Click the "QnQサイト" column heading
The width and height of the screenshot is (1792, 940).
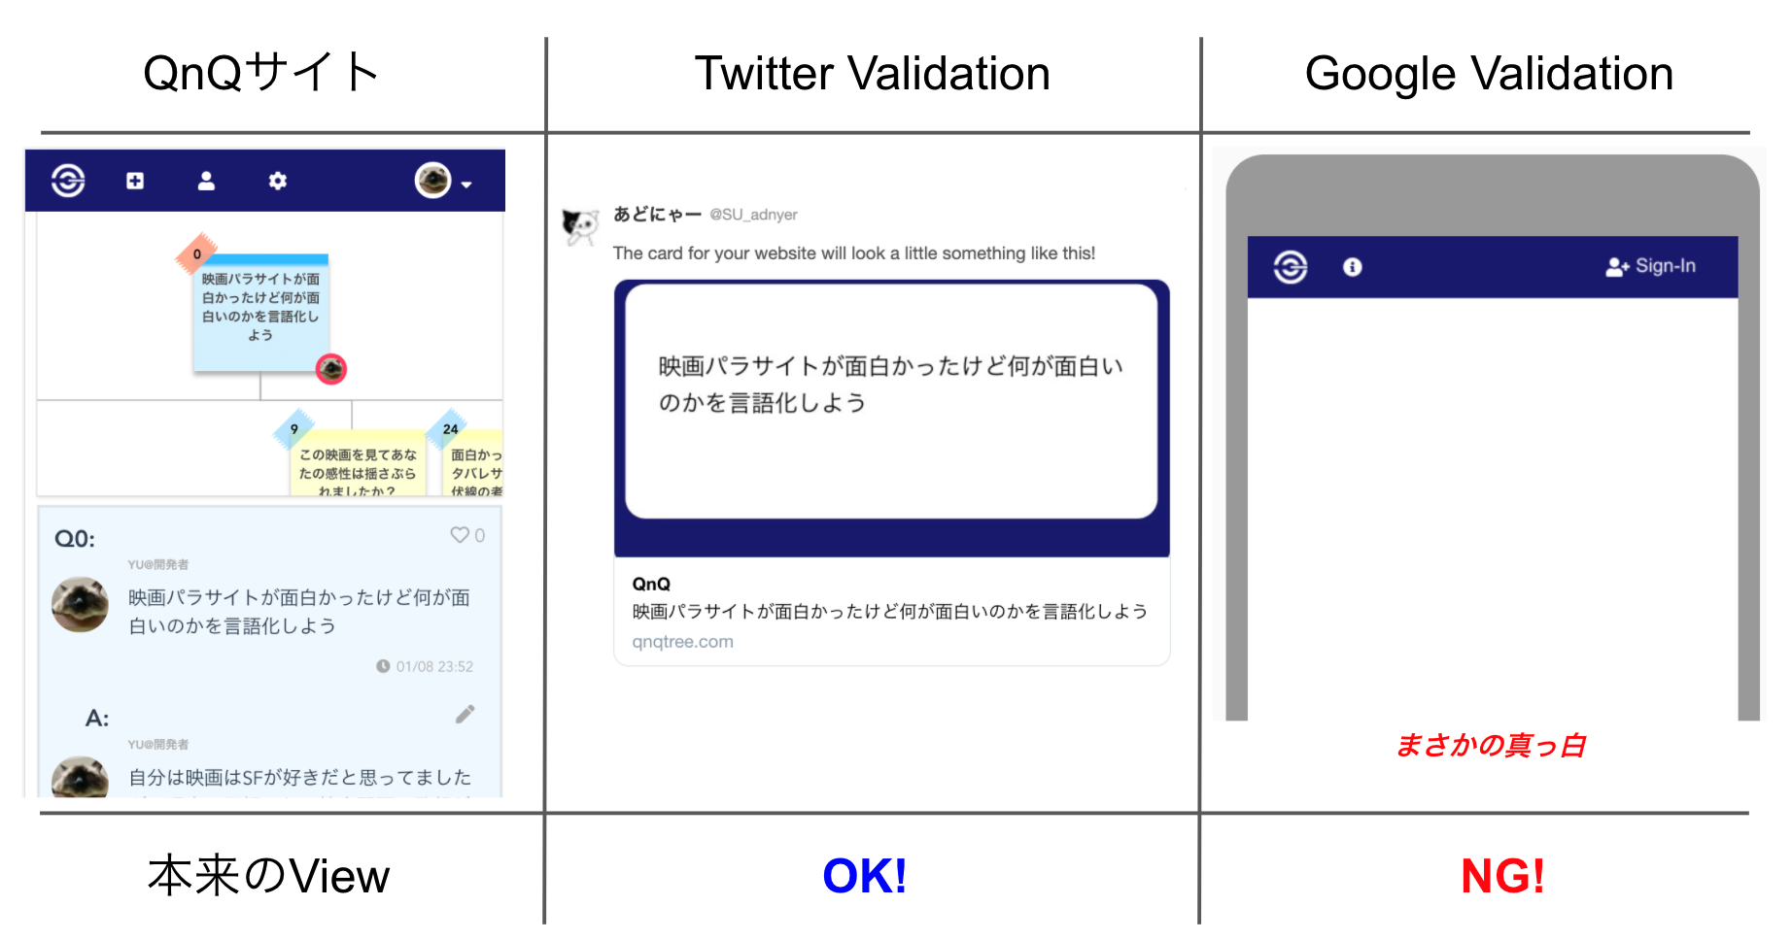click(260, 73)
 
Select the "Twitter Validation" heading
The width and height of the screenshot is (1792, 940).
click(872, 74)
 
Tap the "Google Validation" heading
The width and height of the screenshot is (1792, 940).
click(1488, 74)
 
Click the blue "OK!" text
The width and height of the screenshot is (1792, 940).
click(864, 876)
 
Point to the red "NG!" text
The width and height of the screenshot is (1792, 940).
click(1501, 876)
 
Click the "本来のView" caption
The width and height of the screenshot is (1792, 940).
click(268, 876)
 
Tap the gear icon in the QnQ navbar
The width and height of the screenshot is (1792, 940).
click(278, 181)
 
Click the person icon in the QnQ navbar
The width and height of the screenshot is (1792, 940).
click(206, 181)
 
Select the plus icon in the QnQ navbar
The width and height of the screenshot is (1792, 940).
click(135, 181)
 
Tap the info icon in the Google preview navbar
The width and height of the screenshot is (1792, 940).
click(1352, 267)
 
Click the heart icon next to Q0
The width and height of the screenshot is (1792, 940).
click(460, 535)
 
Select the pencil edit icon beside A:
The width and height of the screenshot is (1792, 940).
click(465, 715)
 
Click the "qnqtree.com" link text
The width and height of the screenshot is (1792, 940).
click(682, 642)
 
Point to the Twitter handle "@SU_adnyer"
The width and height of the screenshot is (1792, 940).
click(753, 215)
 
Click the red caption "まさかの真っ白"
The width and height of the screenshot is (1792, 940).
click(1490, 746)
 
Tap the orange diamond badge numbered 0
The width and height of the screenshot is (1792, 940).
click(197, 254)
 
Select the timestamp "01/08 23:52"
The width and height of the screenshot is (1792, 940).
click(433, 666)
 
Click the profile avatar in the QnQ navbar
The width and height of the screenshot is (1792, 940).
click(433, 180)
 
